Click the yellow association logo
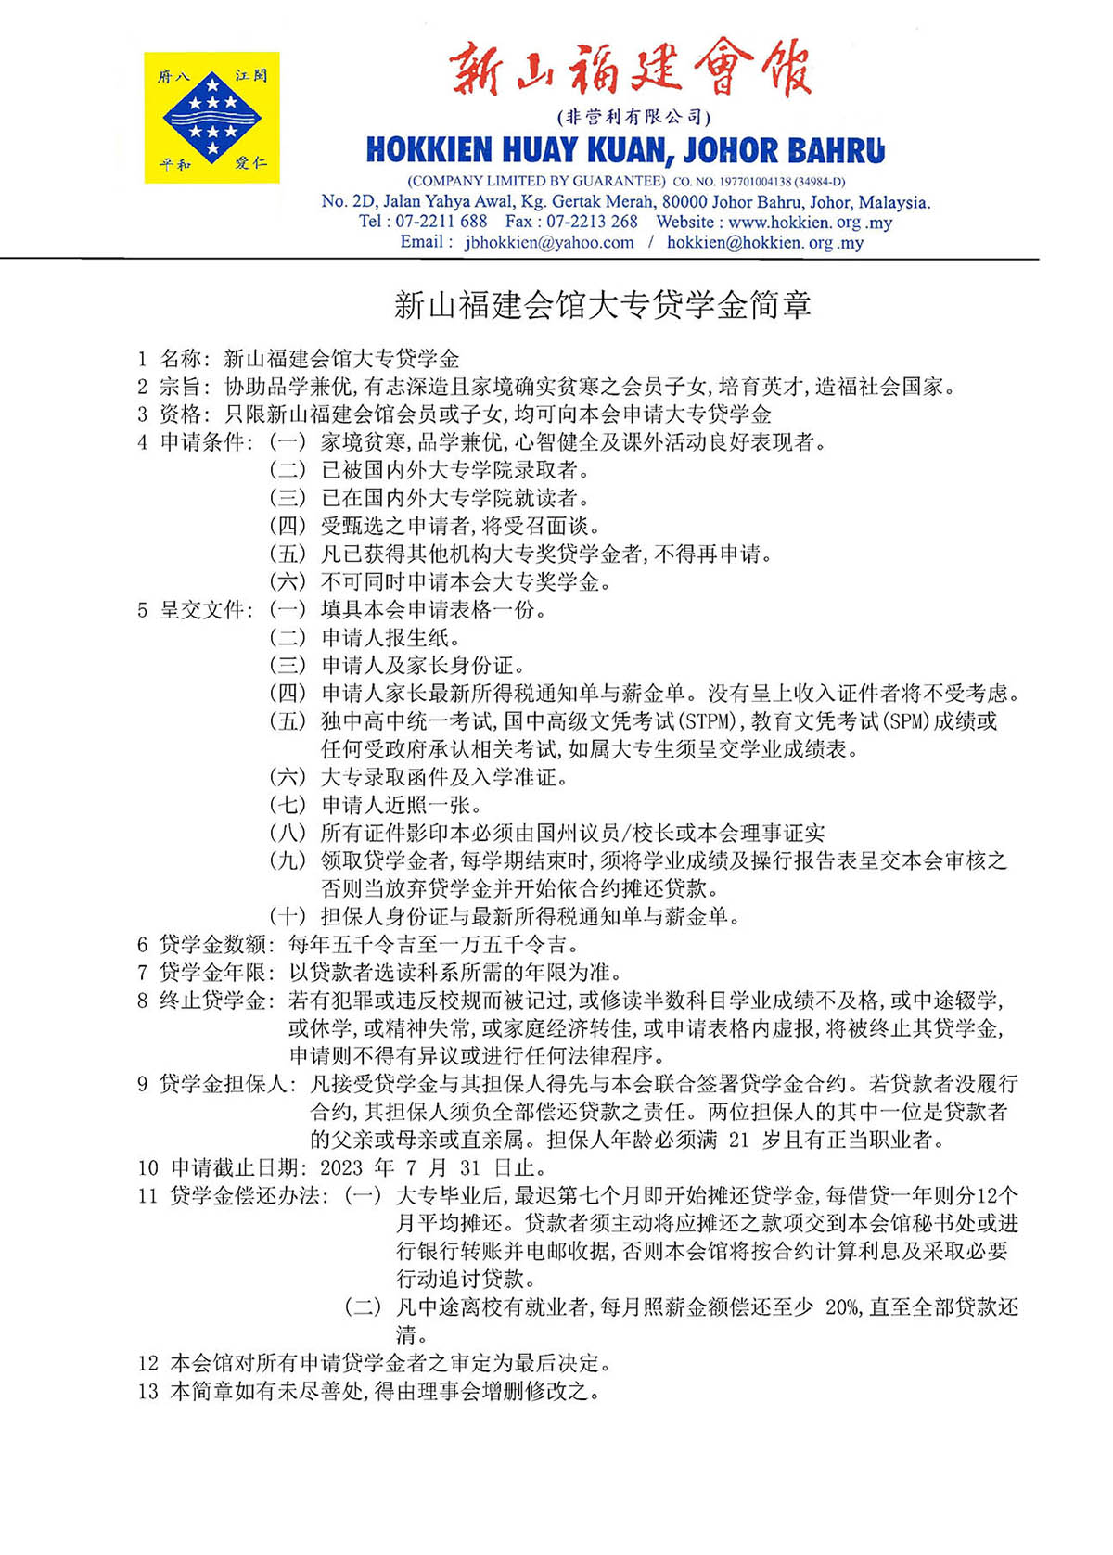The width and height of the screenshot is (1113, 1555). tap(211, 118)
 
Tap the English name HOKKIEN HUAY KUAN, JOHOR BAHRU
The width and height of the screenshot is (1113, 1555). tap(625, 150)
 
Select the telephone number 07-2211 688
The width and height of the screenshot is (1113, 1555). tap(441, 222)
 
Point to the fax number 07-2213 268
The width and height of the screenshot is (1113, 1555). tap(592, 222)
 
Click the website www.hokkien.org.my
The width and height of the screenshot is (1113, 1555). tap(810, 222)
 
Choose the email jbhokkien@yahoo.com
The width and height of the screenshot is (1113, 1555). tap(549, 242)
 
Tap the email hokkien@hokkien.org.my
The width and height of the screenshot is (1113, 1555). tap(765, 242)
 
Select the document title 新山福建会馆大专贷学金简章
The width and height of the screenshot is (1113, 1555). tap(603, 304)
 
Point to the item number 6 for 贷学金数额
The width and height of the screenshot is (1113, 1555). tap(143, 945)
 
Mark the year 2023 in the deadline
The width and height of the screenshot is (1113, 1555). tap(341, 1167)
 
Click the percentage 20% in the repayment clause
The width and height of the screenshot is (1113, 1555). tap(841, 1307)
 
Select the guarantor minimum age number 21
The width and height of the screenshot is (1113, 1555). tap(738, 1140)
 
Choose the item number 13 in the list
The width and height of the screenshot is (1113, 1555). tap(148, 1391)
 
